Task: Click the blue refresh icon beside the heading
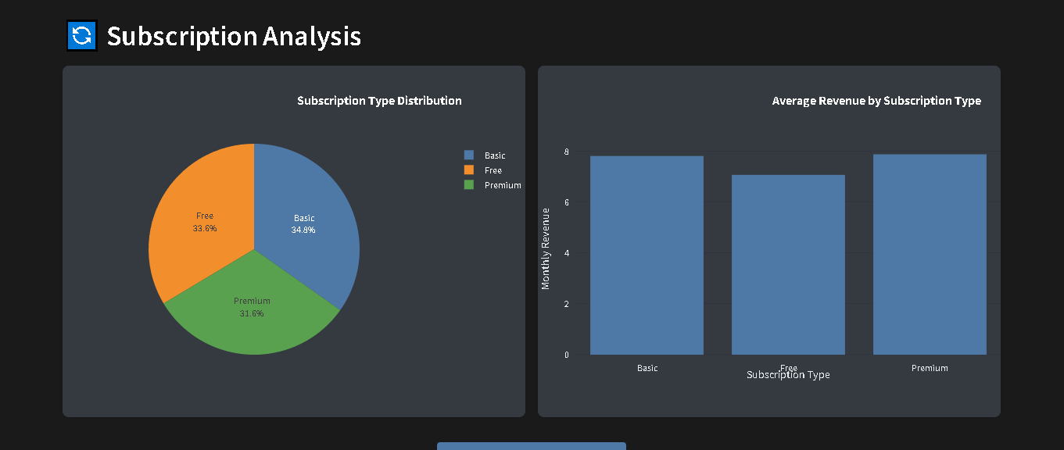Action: [x=81, y=36]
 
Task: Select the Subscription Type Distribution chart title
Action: [x=379, y=101]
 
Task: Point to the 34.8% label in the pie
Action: [x=303, y=230]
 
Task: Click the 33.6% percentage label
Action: [x=204, y=229]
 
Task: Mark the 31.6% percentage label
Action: [x=252, y=314]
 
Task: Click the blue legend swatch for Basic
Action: [x=469, y=155]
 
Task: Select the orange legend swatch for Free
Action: [x=469, y=170]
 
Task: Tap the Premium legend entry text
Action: [x=503, y=185]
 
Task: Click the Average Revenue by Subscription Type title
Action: [x=876, y=101]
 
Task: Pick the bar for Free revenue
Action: [x=788, y=265]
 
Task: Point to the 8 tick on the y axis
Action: [x=566, y=152]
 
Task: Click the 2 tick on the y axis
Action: [x=566, y=304]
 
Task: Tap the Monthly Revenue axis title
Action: [x=546, y=248]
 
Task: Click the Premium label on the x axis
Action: [x=930, y=368]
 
